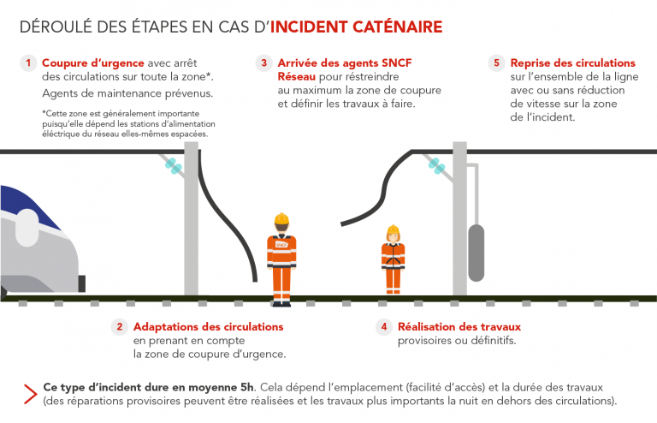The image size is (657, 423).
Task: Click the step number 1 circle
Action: point(27,63)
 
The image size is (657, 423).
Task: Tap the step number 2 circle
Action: point(121,327)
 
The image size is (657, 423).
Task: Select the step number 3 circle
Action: point(263,63)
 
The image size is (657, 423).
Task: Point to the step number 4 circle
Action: point(384,327)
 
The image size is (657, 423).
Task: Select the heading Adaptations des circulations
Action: point(208,327)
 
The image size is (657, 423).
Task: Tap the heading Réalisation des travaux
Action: point(459,327)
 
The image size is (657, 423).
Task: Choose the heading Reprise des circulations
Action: point(572,63)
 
